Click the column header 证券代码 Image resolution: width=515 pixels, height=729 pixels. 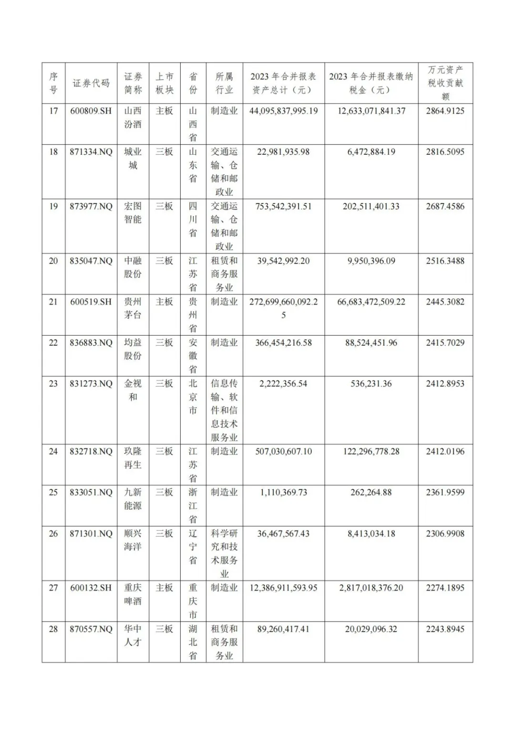click(x=91, y=83)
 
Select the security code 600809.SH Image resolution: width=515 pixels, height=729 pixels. click(x=91, y=111)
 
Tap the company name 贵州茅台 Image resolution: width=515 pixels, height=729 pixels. click(x=133, y=308)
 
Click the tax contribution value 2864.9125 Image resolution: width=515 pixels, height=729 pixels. click(x=445, y=111)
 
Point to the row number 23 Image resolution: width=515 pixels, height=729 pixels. click(x=53, y=383)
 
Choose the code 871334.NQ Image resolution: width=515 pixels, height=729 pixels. click(x=91, y=152)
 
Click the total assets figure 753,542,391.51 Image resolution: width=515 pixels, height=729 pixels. click(x=283, y=206)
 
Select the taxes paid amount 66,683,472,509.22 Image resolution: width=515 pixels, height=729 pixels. click(x=371, y=302)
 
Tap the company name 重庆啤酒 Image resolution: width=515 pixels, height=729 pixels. click(x=133, y=594)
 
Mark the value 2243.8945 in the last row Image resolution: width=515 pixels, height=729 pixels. click(x=445, y=629)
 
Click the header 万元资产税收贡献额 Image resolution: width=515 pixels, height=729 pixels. click(x=445, y=83)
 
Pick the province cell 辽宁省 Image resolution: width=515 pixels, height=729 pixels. click(x=193, y=547)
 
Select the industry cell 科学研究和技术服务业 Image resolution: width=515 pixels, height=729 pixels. click(x=224, y=553)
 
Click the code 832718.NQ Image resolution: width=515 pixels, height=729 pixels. click(x=91, y=451)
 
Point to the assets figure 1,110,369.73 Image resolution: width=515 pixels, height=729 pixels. click(x=283, y=492)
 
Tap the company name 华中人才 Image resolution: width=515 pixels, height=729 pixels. click(x=133, y=635)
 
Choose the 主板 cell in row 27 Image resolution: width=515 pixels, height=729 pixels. click(x=165, y=588)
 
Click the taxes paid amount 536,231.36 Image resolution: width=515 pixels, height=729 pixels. click(x=371, y=383)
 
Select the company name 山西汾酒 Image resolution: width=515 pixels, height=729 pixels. click(x=133, y=117)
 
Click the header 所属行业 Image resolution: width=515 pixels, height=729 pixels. click(x=224, y=83)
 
